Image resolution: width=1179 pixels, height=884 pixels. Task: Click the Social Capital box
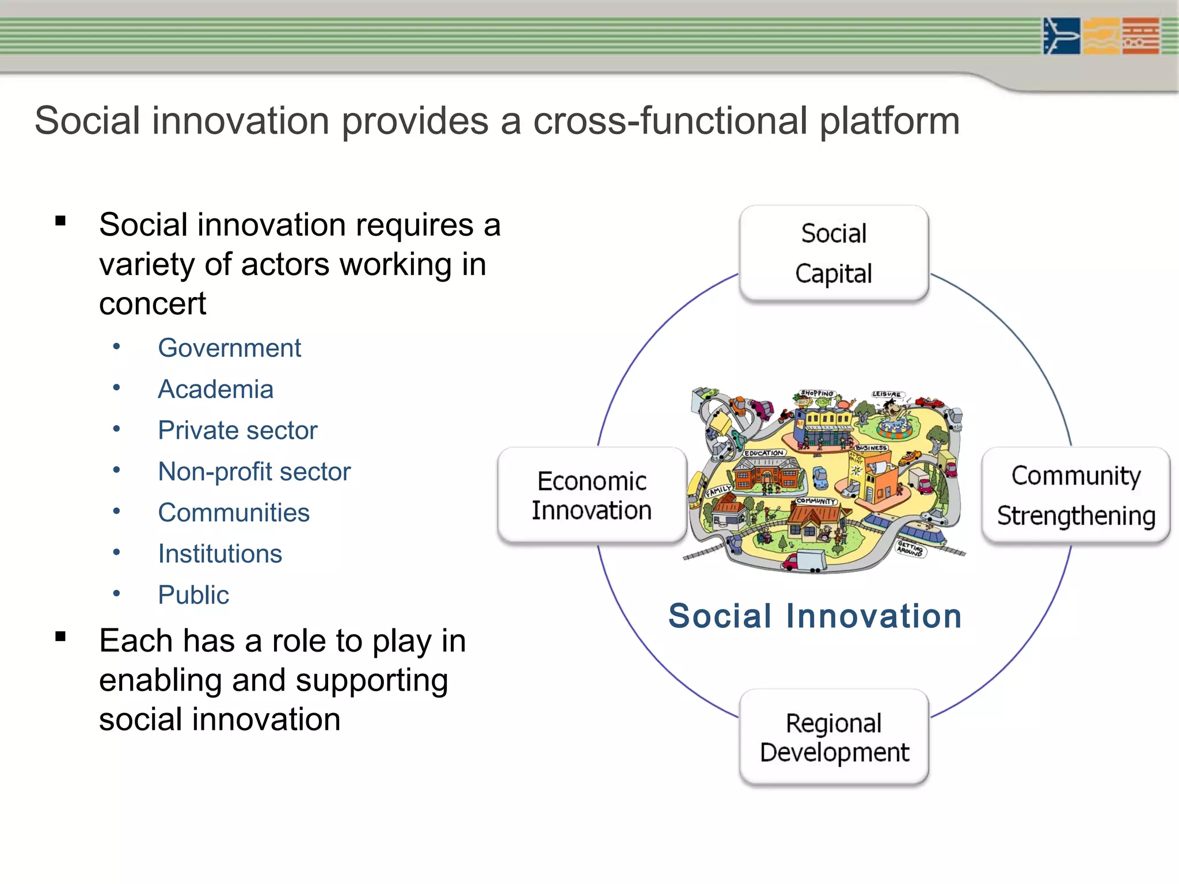click(x=834, y=253)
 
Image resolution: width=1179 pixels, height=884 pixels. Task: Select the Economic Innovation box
click(x=592, y=496)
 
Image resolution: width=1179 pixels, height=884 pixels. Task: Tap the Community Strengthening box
click(x=1075, y=496)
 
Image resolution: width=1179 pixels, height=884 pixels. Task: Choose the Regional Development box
click(x=834, y=737)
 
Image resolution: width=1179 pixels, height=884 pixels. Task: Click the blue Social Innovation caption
click(x=815, y=616)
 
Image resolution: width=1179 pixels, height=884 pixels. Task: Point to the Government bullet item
click(x=229, y=348)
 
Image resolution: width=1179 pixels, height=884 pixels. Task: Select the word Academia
click(x=215, y=390)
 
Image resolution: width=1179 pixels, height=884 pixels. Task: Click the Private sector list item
click(x=237, y=430)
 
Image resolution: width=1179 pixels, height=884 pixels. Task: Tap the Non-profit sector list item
click(x=254, y=472)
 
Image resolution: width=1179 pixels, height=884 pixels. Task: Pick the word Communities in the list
click(x=234, y=513)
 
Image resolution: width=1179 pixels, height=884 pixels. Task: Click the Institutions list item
click(x=220, y=554)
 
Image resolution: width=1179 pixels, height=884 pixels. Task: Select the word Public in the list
click(x=193, y=595)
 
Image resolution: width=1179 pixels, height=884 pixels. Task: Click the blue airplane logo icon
click(x=1061, y=36)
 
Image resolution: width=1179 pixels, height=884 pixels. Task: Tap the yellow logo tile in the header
click(x=1101, y=36)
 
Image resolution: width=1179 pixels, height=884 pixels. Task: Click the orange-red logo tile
click(x=1140, y=36)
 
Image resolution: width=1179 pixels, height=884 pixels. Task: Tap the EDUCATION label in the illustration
click(x=764, y=454)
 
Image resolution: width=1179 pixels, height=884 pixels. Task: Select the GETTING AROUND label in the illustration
click(x=911, y=547)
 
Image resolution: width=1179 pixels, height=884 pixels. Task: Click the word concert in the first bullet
click(x=152, y=304)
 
